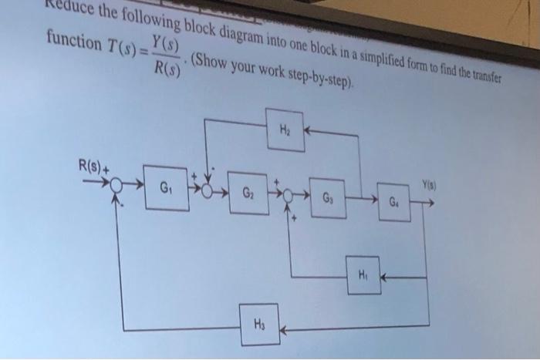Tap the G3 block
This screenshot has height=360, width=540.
(328, 197)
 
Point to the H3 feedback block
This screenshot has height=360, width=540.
(260, 325)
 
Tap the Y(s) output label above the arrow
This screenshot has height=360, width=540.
(430, 185)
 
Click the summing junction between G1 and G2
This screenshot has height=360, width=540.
(205, 189)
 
